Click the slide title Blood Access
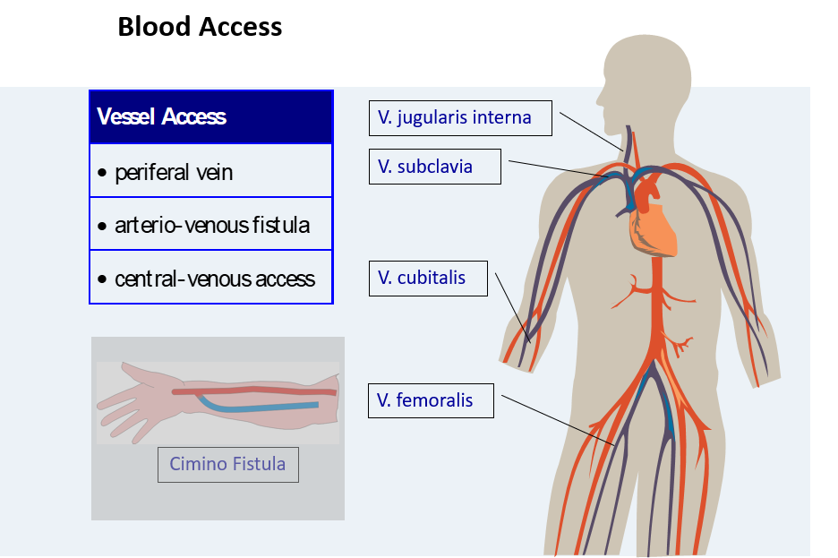200,27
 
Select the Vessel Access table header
211,117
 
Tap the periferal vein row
211,172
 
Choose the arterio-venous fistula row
211,225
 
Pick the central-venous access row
211,279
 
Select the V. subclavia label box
434,167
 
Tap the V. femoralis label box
431,399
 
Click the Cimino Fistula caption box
227,464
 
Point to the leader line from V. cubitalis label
511,306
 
